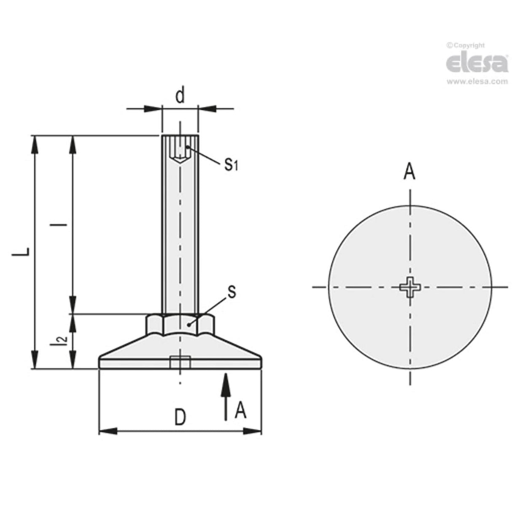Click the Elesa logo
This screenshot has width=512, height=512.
pyautogui.click(x=477, y=63)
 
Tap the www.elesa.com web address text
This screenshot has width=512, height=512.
pyautogui.click(x=477, y=82)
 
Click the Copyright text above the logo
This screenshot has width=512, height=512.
pyautogui.click(x=466, y=46)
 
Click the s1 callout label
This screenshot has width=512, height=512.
pyautogui.click(x=230, y=164)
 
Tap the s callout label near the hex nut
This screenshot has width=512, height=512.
pyautogui.click(x=231, y=292)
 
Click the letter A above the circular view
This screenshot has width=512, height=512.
pyautogui.click(x=409, y=172)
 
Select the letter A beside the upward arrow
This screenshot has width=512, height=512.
pyautogui.click(x=240, y=410)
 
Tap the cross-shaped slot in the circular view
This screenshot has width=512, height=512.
pyautogui.click(x=410, y=288)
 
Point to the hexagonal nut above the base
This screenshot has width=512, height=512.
pyautogui.click(x=180, y=324)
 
